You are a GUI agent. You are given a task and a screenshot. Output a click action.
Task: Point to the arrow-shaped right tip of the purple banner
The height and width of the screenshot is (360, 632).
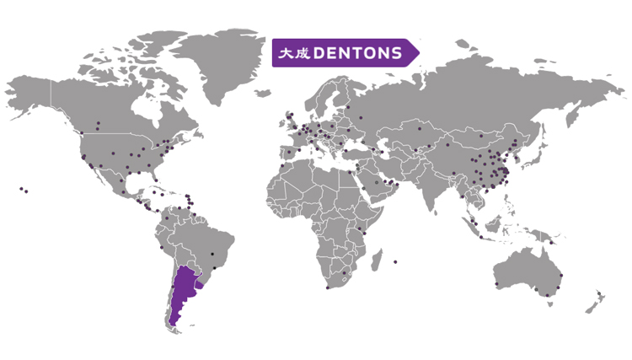tap(415, 52)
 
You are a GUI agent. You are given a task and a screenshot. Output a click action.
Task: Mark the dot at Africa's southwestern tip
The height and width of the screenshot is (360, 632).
tap(327, 287)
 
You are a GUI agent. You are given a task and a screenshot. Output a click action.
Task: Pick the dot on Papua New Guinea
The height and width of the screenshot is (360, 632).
tap(551, 243)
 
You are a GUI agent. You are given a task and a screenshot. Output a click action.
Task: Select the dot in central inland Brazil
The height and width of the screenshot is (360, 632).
tap(212, 253)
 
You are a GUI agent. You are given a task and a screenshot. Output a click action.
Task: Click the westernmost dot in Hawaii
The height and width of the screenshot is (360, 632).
tap(20, 188)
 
